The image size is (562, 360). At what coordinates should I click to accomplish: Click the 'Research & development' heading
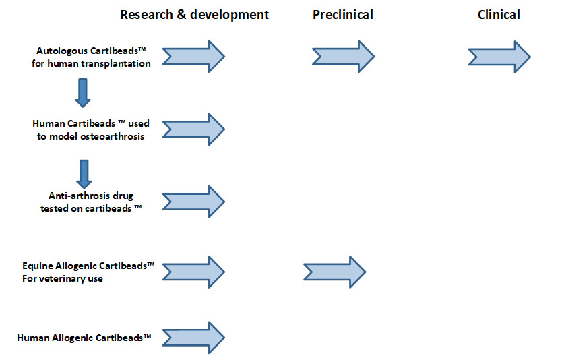click(194, 15)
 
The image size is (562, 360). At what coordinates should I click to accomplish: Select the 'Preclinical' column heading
click(343, 15)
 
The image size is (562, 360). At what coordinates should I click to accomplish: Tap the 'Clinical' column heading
click(499, 15)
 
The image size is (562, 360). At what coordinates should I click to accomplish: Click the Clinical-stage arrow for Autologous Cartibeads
click(499, 57)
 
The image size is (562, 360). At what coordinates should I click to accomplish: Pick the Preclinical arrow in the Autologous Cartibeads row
click(344, 57)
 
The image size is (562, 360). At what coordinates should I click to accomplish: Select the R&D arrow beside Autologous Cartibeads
click(193, 57)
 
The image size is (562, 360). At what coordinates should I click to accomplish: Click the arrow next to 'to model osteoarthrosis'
click(193, 129)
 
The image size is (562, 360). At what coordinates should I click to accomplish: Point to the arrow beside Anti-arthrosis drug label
click(193, 202)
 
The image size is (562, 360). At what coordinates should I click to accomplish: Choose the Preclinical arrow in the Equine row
click(335, 272)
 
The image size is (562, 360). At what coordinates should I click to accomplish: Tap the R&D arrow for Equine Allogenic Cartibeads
click(193, 272)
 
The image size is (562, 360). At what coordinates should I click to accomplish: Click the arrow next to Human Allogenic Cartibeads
click(193, 338)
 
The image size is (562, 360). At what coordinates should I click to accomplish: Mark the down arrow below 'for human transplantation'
click(83, 93)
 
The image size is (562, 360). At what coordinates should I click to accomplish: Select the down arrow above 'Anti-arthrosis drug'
click(84, 174)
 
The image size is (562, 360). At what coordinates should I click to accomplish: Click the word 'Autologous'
click(61, 51)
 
